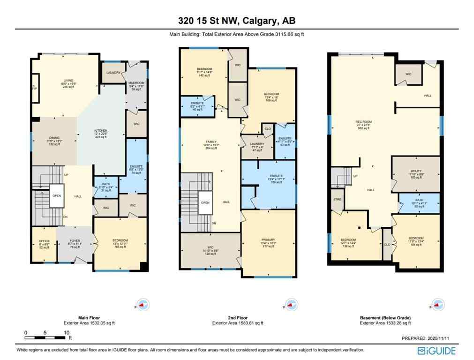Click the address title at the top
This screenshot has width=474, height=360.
click(237, 20)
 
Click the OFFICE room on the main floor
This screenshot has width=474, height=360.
click(44, 244)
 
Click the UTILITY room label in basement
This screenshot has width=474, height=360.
click(415, 173)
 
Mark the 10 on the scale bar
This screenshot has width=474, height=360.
click(67, 332)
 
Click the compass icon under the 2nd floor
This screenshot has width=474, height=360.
click(289, 304)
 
